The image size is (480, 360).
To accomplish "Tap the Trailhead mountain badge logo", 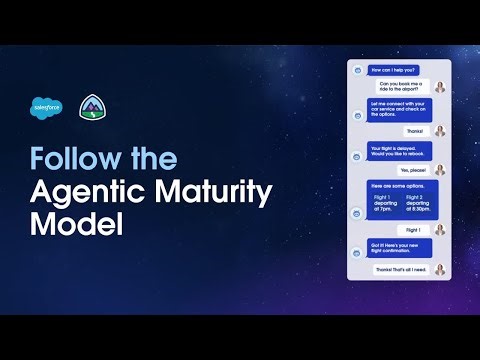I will click(x=90, y=108).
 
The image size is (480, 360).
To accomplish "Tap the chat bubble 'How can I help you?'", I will click(x=393, y=70).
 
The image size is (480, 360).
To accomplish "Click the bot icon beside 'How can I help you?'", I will click(x=357, y=70).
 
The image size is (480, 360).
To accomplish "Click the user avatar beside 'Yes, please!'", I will click(x=440, y=171).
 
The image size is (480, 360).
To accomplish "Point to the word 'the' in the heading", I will click(x=152, y=159).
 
